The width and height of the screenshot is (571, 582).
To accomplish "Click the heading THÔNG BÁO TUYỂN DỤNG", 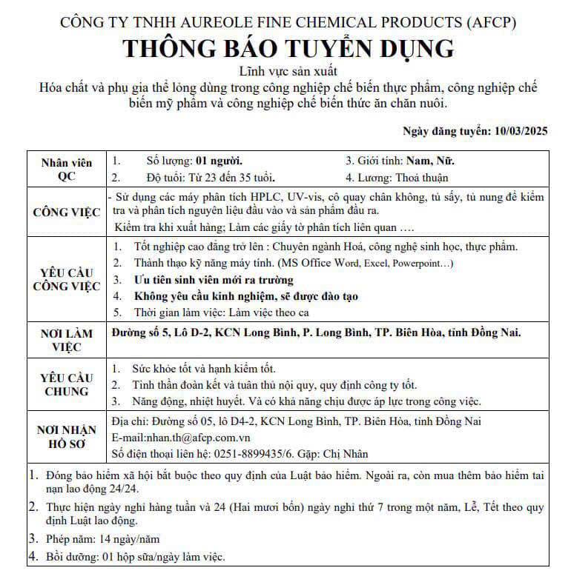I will click(x=288, y=49).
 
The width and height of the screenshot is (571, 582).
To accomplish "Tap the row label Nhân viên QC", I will click(x=67, y=170).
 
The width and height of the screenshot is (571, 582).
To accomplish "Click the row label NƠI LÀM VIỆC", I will click(x=67, y=340).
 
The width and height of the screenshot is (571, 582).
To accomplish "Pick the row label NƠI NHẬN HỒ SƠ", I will click(x=67, y=438).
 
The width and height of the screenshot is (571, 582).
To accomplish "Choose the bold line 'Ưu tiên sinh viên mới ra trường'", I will click(x=213, y=280).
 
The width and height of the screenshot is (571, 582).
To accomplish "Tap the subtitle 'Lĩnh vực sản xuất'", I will click(x=288, y=72).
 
